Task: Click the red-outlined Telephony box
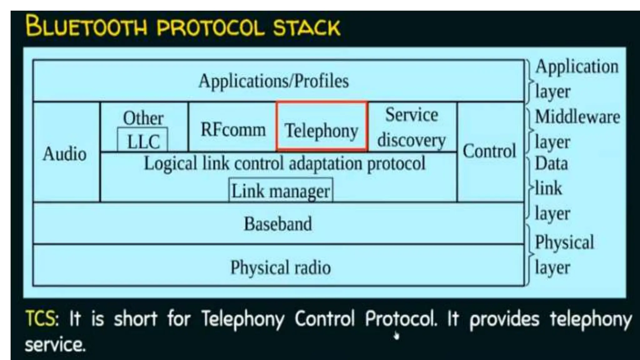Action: [321, 127]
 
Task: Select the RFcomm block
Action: [233, 129]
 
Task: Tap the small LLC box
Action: [143, 141]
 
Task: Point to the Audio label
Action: [65, 154]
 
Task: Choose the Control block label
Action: [489, 151]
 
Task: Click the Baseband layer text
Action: [278, 224]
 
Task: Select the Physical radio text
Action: [280, 267]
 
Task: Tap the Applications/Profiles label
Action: [273, 81]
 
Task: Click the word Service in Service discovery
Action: [411, 115]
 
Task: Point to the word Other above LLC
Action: [143, 118]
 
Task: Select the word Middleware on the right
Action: [577, 117]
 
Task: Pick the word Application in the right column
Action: [577, 67]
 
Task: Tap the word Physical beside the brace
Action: [564, 242]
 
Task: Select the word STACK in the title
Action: [307, 27]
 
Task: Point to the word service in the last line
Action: [55, 345]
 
